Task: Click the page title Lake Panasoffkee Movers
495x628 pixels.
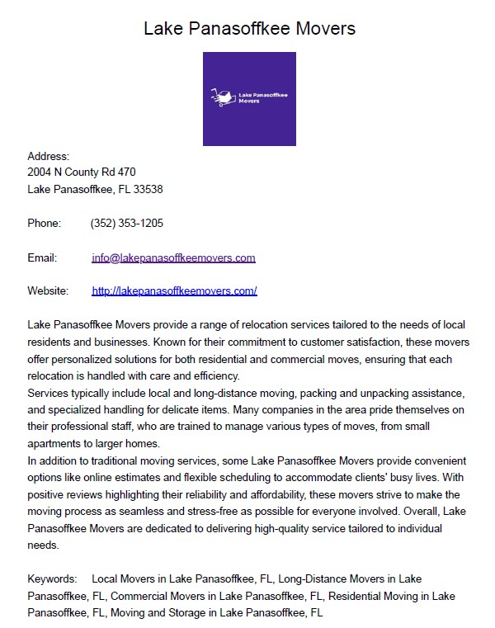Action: click(x=249, y=28)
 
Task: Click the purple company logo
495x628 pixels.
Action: click(x=249, y=99)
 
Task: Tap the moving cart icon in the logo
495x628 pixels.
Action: click(x=221, y=98)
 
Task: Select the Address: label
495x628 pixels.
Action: click(x=48, y=156)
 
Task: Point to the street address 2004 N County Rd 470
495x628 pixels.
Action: click(x=81, y=172)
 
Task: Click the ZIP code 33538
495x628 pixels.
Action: click(x=148, y=189)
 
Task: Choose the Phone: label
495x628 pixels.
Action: click(x=45, y=223)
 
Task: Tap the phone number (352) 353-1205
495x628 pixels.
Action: click(x=126, y=223)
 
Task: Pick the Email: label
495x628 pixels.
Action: click(x=42, y=257)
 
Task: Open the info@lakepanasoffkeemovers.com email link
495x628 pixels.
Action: click(x=173, y=257)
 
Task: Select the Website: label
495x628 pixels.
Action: click(x=47, y=290)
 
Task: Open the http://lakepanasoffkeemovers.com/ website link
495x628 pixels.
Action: click(x=174, y=290)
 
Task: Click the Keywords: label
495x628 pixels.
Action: click(x=52, y=579)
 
